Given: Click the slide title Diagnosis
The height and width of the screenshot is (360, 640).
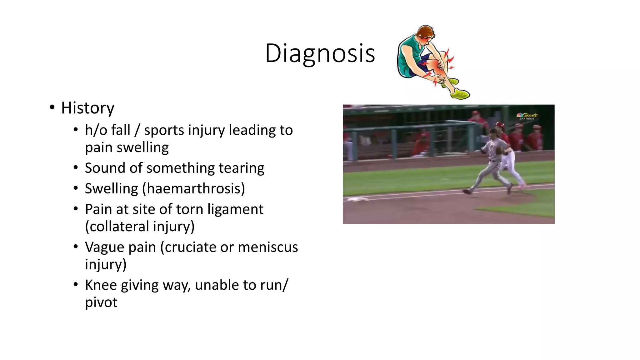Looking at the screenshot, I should pyautogui.click(x=320, y=53).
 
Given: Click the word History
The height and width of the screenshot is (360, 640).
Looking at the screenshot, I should pyautogui.click(x=87, y=108).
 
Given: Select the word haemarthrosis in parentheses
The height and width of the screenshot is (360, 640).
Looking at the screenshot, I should pyautogui.click(x=194, y=189).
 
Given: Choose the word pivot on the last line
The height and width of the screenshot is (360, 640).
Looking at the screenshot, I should pyautogui.click(x=101, y=302).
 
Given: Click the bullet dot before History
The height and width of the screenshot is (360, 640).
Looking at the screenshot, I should pyautogui.click(x=52, y=107).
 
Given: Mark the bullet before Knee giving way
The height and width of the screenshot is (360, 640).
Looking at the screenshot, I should pyautogui.click(x=76, y=285).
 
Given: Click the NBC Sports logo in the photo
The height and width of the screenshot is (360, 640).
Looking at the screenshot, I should pyautogui.click(x=527, y=116).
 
